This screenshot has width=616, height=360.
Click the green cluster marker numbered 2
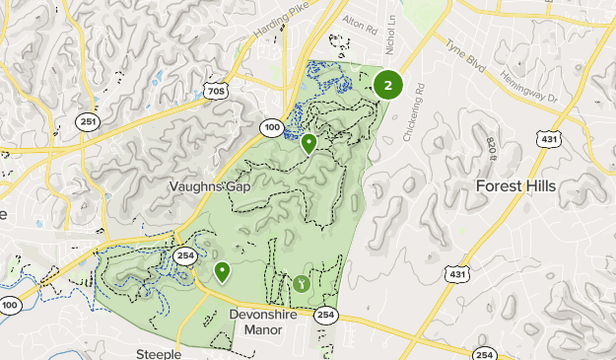pyautogui.click(x=388, y=85)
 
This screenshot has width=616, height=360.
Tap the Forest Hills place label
pyautogui.click(x=515, y=185)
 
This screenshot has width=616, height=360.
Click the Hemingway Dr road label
pyautogui.click(x=527, y=88)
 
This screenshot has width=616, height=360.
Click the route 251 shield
pyautogui.click(x=89, y=120)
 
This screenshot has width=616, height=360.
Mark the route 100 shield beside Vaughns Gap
pyautogui.click(x=272, y=127)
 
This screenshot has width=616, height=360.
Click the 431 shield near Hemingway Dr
pyautogui.click(x=548, y=140)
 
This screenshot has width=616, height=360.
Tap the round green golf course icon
pyautogui.click(x=301, y=284)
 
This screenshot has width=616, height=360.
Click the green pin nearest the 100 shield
pyautogui.click(x=309, y=144)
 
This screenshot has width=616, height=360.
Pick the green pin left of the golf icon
pyautogui.click(x=222, y=271)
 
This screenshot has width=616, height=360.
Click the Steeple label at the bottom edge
pyautogui.click(x=159, y=353)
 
